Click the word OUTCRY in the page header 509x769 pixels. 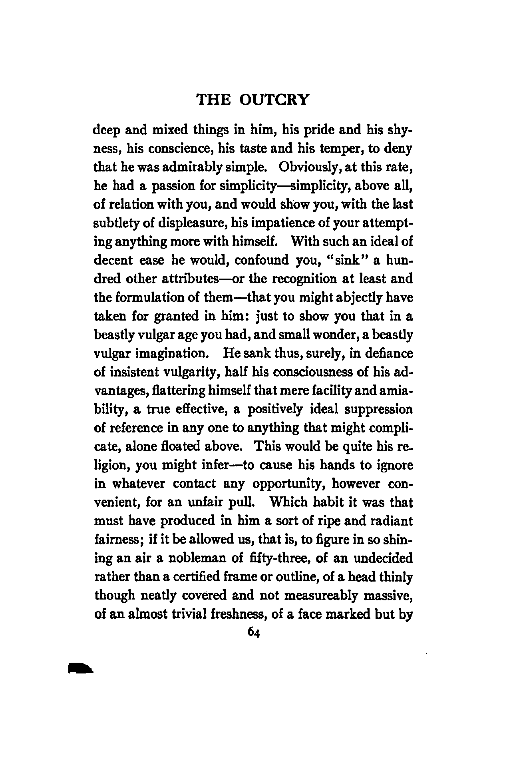275,100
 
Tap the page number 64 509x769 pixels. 254,632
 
